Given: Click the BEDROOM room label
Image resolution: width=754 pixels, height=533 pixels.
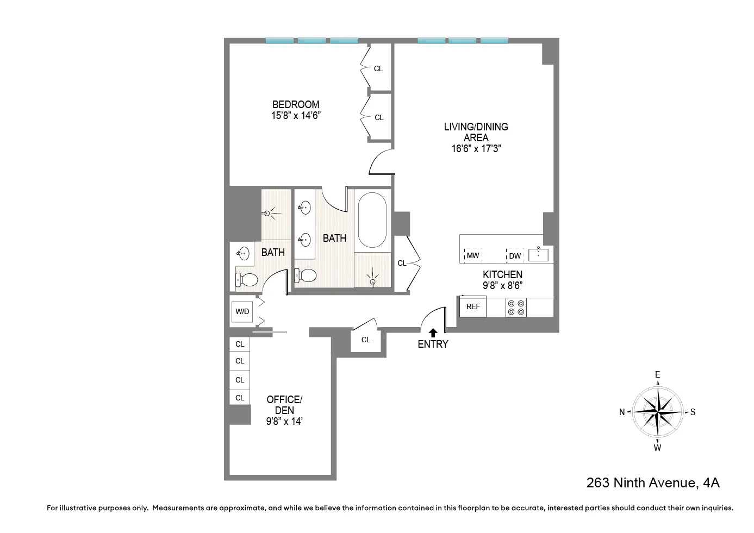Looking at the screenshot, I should click(x=296, y=104).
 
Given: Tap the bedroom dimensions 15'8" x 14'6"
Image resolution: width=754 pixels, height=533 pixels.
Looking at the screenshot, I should click(x=296, y=116).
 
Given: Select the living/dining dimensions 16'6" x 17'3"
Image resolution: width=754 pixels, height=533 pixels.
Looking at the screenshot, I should click(x=476, y=149).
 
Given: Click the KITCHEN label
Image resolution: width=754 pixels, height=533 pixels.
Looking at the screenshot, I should click(x=502, y=274).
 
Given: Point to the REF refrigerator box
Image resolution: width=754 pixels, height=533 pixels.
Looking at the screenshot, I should click(x=473, y=306).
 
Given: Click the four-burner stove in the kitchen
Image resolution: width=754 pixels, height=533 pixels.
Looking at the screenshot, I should click(x=516, y=308).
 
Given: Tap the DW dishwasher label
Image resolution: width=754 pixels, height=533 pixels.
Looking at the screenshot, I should click(x=515, y=256).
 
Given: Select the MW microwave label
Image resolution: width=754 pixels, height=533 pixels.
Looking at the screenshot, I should click(x=473, y=255).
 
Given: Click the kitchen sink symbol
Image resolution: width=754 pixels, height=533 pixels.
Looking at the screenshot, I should click(x=538, y=254).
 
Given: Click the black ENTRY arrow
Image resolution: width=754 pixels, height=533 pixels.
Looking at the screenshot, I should click(x=433, y=333).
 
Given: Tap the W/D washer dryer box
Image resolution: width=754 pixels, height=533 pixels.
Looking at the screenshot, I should click(x=242, y=311).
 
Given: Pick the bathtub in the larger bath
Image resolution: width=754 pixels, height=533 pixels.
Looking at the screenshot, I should click(x=372, y=220).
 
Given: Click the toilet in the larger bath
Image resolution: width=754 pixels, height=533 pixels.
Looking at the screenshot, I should click(x=306, y=275).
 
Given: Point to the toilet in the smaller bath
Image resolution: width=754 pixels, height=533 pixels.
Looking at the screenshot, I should click(x=247, y=280).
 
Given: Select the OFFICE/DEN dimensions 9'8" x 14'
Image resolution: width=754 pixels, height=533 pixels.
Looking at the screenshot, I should click(x=284, y=422).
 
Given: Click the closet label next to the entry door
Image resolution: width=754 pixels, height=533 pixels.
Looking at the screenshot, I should click(x=366, y=340).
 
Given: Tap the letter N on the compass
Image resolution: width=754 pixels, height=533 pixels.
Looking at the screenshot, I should click(x=622, y=412).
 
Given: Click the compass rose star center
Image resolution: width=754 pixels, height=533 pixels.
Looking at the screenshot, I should click(x=658, y=412).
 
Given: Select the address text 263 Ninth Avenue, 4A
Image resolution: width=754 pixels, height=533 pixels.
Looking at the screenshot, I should click(x=653, y=482).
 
